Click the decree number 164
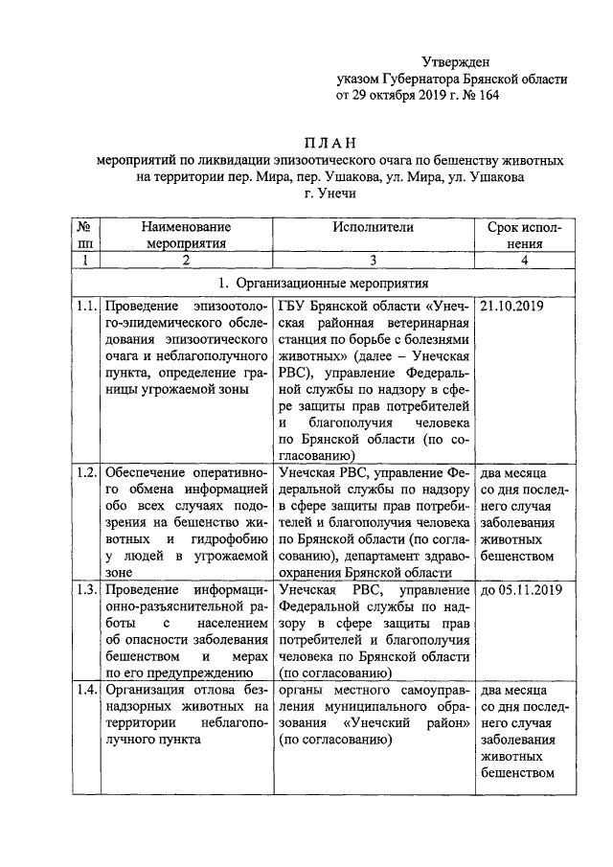tap(487, 96)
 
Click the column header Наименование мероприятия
tap(187, 235)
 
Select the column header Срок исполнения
tap(525, 235)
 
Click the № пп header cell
tap(85, 235)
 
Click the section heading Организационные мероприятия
tap(329, 284)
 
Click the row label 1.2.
tap(86, 473)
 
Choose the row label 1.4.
tap(86, 690)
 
